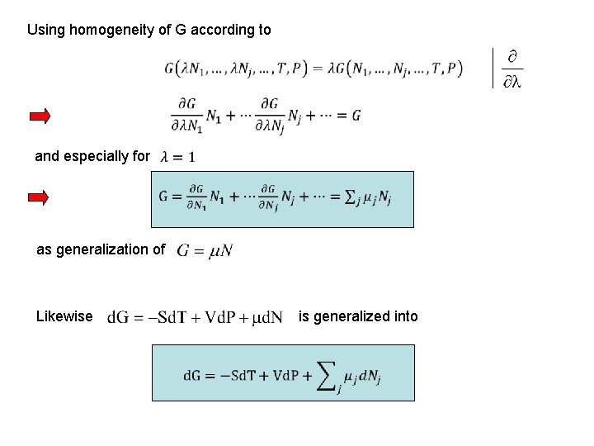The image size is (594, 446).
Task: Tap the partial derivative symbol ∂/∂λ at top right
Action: click(512, 69)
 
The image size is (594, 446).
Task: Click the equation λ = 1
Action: click(178, 156)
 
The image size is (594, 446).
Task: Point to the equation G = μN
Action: click(205, 249)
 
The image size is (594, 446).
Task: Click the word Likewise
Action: click(64, 316)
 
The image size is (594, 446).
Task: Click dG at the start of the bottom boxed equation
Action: click(191, 375)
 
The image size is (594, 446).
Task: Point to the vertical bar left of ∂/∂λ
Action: click(493, 68)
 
